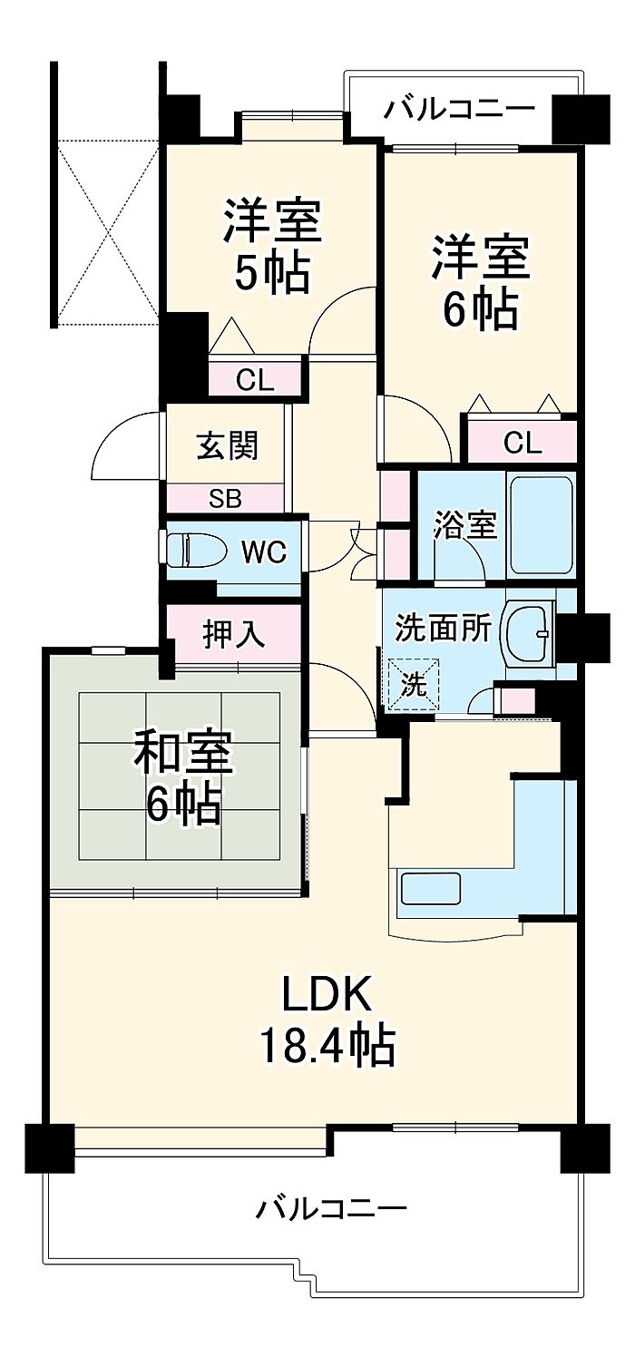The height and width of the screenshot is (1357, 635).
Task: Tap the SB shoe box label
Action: point(225,499)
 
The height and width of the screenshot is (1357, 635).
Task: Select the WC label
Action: point(264,552)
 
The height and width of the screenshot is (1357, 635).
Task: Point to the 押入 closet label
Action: point(234,635)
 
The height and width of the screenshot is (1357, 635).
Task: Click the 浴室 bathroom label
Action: point(465,524)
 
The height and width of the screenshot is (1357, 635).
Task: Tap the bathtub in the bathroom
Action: point(541,526)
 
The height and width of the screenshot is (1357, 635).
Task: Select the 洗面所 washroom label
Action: point(443,628)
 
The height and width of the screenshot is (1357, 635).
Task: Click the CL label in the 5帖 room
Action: point(255,381)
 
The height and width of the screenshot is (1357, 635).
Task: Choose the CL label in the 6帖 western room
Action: point(523,444)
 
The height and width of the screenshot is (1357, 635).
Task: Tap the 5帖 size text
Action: point(271,272)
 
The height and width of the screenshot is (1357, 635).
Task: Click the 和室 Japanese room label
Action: point(183,753)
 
